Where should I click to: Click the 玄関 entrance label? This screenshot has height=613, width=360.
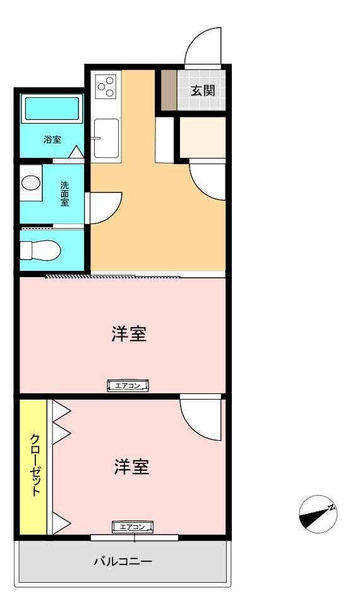[203, 91]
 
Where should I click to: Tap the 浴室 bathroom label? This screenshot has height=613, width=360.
[52, 139]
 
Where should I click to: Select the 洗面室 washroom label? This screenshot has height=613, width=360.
[64, 194]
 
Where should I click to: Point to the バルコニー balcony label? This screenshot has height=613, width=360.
[123, 562]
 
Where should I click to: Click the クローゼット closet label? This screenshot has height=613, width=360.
[35, 465]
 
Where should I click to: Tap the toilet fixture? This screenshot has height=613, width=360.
[40, 251]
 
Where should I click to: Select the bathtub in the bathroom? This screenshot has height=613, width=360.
[52, 109]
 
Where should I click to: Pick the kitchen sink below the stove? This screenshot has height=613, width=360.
[106, 138]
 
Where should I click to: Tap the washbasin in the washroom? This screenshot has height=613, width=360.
[30, 183]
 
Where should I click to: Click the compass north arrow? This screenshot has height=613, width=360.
[318, 515]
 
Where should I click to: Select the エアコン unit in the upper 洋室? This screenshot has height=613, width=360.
[129, 386]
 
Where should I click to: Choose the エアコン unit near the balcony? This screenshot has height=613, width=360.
[133, 527]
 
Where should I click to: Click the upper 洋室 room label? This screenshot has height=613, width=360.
[129, 334]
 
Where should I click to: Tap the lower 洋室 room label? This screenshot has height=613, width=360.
[131, 467]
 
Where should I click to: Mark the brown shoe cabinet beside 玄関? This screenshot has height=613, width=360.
[169, 90]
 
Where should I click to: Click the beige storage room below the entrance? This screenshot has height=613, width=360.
[202, 137]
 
